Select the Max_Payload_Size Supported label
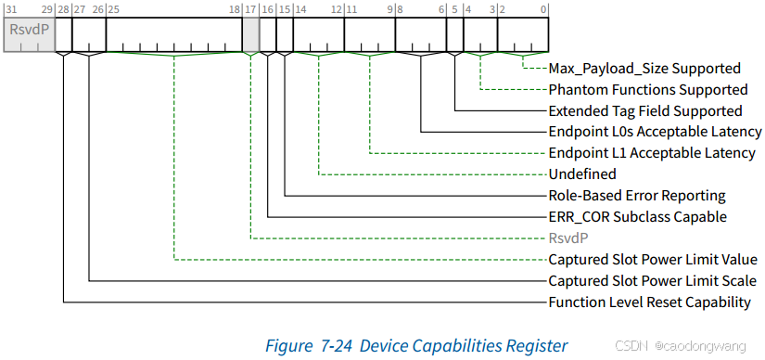point(644,68)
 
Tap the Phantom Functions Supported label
point(647,90)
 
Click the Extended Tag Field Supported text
point(644,110)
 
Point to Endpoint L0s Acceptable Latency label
point(651,132)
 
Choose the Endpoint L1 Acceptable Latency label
point(651,153)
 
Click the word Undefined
point(582,174)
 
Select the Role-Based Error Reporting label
point(637,196)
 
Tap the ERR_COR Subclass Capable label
point(637,217)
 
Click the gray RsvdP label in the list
point(569,238)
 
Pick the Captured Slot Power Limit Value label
point(652,260)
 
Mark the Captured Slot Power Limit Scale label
point(651,281)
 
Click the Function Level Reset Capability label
point(649,302)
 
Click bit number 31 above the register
point(10,8)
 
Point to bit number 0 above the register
point(544,8)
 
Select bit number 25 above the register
point(112,8)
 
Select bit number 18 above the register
point(235,8)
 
